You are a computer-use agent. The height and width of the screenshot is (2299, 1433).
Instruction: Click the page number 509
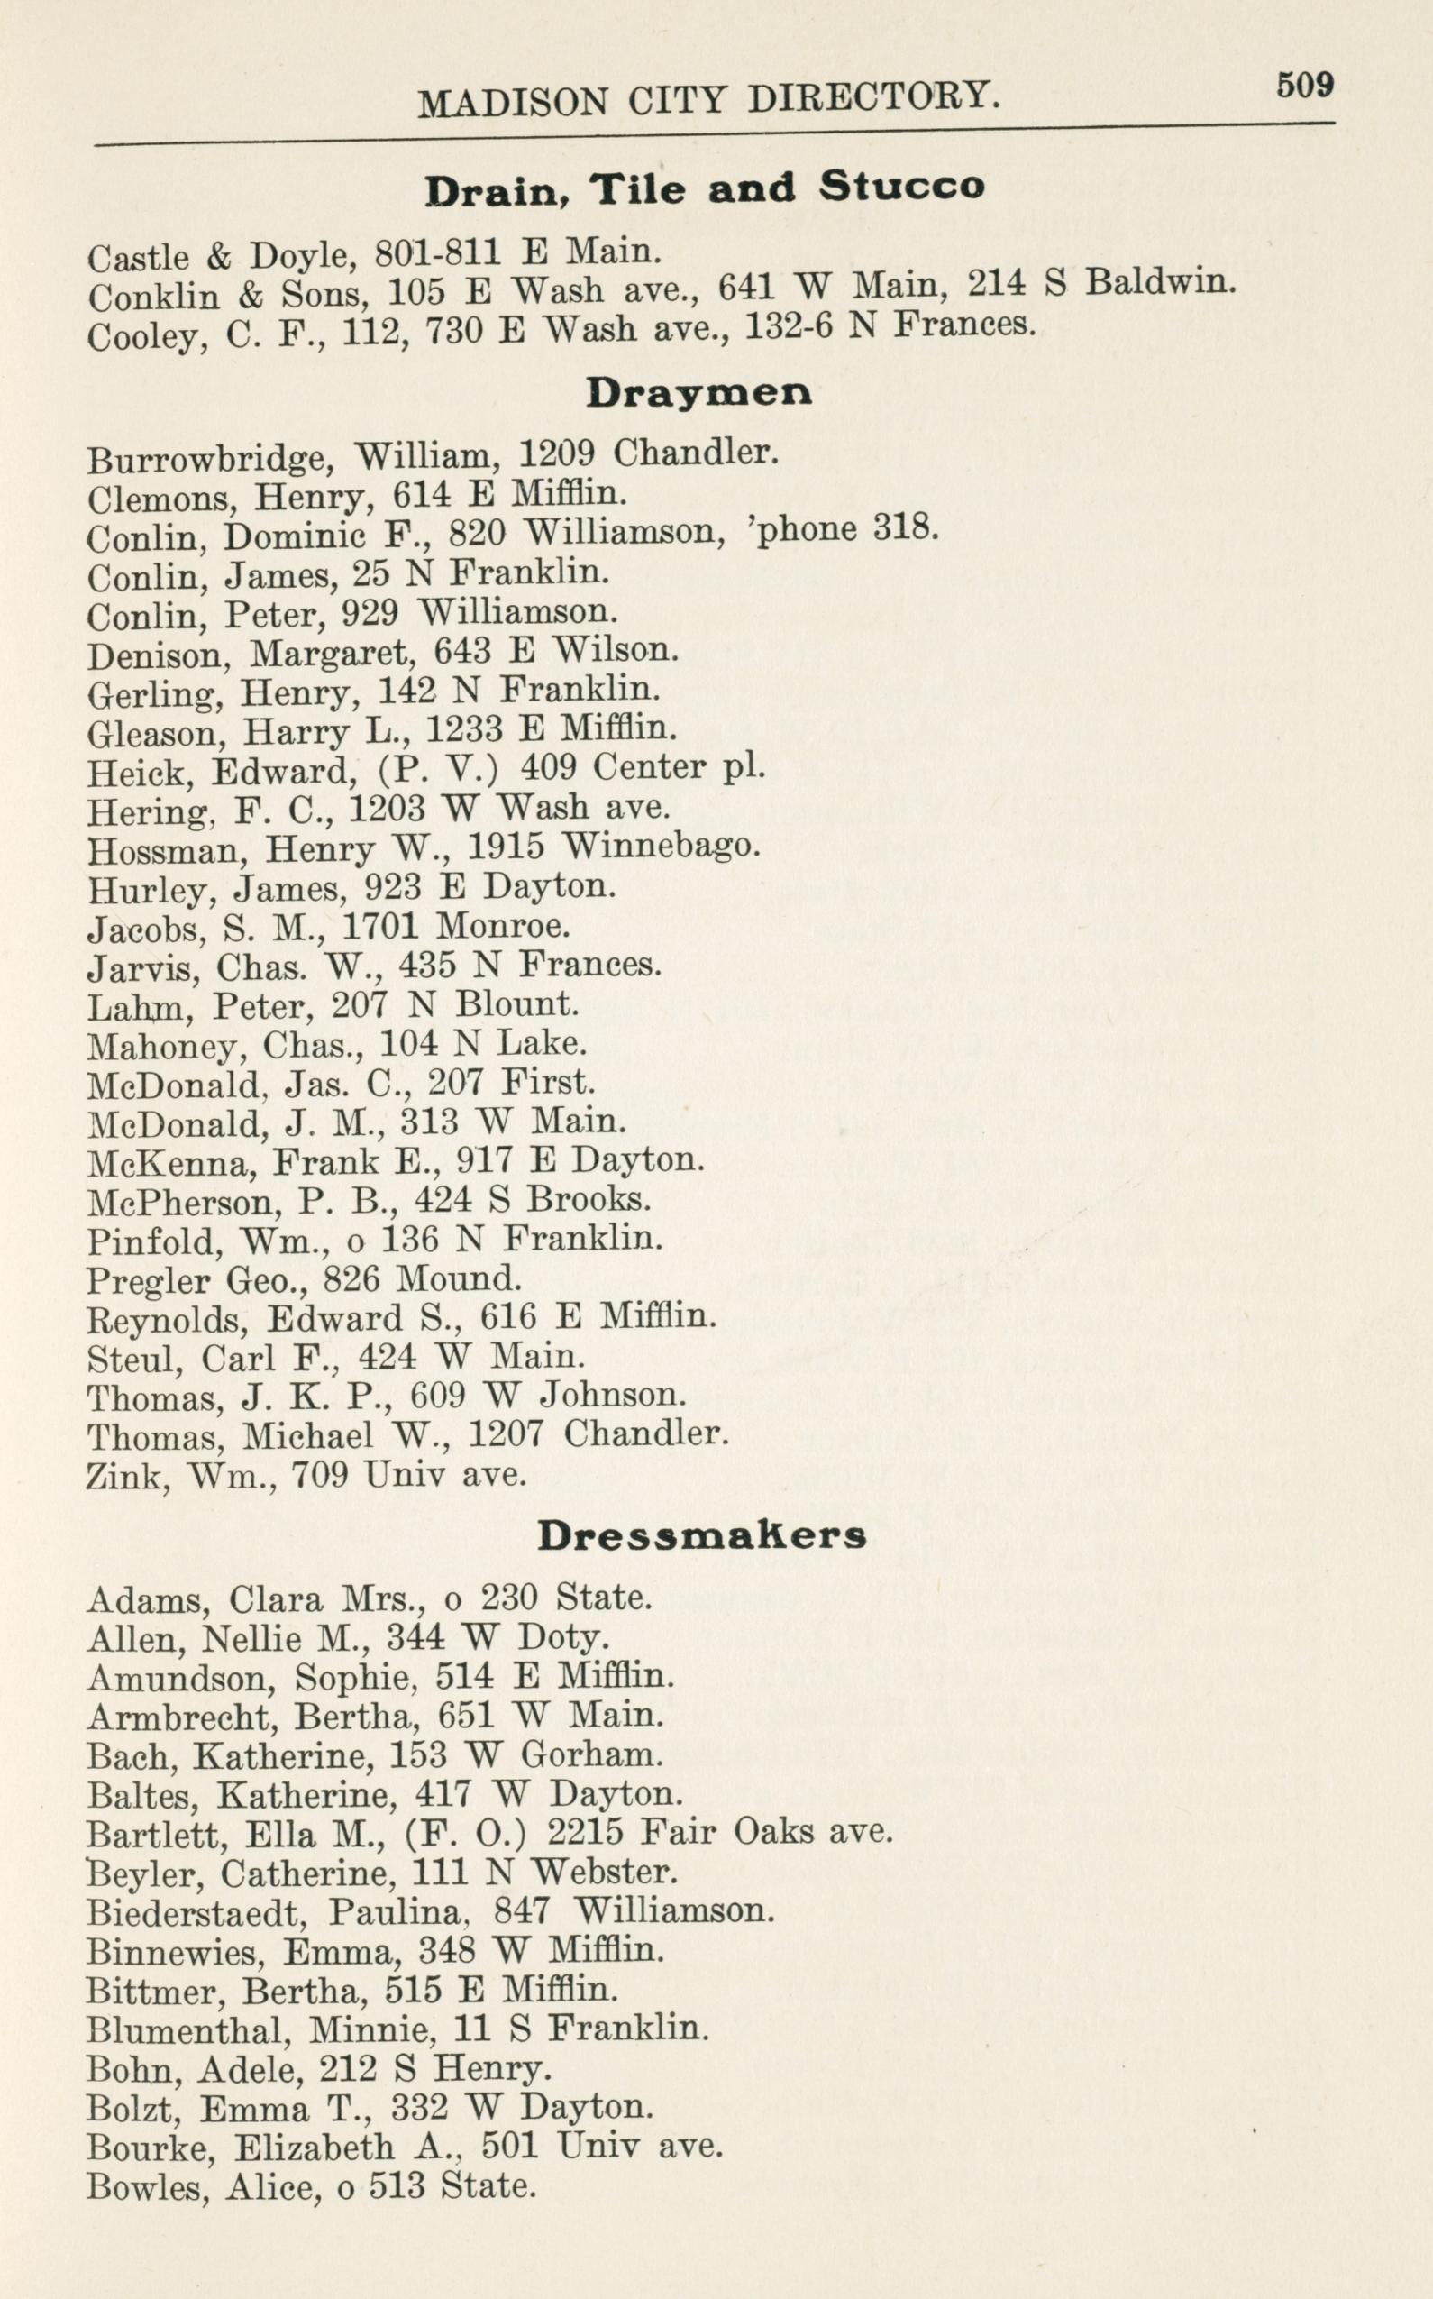pyautogui.click(x=1304, y=86)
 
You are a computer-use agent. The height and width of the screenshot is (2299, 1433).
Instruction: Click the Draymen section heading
pyautogui.click(x=698, y=392)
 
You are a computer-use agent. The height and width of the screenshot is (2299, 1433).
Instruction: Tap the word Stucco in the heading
pyautogui.click(x=901, y=186)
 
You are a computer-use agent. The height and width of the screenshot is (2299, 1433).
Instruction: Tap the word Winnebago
pyautogui.click(x=661, y=845)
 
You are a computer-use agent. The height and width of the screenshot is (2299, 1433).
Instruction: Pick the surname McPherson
pyautogui.click(x=178, y=1203)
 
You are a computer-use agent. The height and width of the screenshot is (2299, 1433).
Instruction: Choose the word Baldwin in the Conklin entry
pyautogui.click(x=1160, y=281)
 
